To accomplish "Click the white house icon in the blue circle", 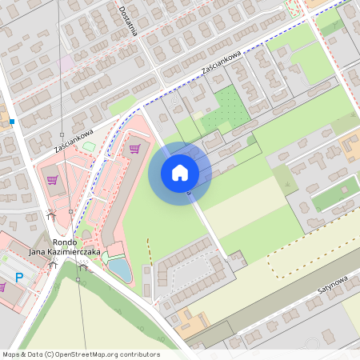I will coord(179,173).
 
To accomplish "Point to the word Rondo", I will coord(64,242).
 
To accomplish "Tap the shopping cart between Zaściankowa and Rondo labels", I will coord(52,180).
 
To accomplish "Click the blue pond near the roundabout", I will coord(119,270).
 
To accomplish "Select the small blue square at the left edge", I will coord(12,122).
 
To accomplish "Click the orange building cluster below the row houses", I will coord(190,321).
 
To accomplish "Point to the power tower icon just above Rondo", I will coord(51,214).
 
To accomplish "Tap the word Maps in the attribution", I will coord(12,354).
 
